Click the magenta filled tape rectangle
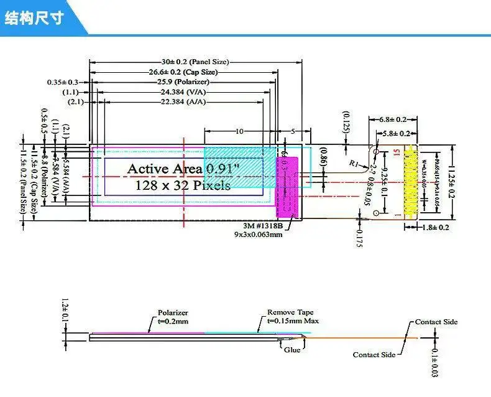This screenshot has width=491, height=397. pyautogui.click(x=287, y=187)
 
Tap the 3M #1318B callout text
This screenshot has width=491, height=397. pyautogui.click(x=264, y=226)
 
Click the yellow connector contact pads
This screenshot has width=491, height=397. pyautogui.click(x=410, y=180)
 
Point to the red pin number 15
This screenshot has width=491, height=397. pyautogui.click(x=396, y=151)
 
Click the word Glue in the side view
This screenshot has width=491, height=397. pyautogui.click(x=291, y=350)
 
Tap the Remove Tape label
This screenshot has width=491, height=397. pyautogui.click(x=290, y=312)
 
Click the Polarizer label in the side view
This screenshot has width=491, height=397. pyautogui.click(x=173, y=312)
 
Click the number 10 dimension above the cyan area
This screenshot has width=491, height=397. pyautogui.click(x=239, y=131)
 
